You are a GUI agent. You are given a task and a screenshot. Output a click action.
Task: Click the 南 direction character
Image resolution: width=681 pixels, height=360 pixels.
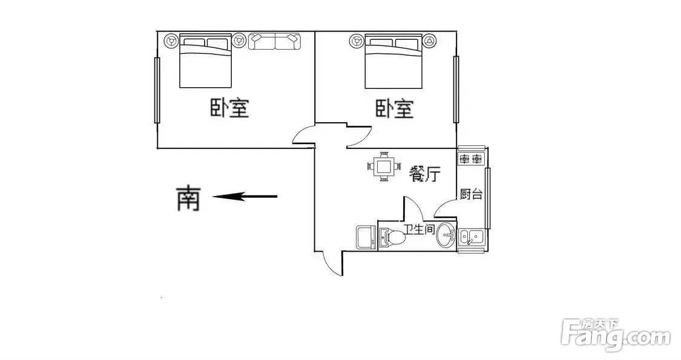(188, 198)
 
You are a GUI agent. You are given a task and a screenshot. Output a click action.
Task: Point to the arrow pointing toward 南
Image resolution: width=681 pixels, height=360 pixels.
(245, 197)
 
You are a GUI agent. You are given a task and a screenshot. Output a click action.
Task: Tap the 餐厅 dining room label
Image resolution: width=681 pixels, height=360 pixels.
(424, 174)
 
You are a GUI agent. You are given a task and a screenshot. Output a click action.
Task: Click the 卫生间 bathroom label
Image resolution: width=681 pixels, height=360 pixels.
(419, 229)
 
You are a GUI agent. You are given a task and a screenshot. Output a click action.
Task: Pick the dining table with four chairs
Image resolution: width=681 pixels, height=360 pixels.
(384, 166)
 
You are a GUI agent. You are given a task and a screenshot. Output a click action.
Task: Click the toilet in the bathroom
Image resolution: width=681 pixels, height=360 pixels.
(392, 237)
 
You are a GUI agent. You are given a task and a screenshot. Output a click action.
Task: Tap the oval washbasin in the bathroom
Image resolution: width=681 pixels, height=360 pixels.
(446, 235)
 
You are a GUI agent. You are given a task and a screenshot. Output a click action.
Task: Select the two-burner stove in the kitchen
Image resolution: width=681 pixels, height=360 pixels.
(471, 159)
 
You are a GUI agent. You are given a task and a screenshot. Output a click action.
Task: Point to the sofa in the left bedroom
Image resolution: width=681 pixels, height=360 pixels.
(275, 41)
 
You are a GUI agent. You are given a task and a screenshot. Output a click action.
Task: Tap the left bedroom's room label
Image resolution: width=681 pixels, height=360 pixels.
(230, 108)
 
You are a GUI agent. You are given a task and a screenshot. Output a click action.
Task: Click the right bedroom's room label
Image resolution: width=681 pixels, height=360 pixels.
(394, 108)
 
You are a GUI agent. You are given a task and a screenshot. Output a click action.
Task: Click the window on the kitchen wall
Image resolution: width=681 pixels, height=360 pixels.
(488, 198)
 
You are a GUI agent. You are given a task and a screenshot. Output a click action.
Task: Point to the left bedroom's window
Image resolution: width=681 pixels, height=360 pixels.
(157, 90)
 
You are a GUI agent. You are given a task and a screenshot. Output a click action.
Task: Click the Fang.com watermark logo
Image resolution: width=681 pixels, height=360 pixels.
(615, 335)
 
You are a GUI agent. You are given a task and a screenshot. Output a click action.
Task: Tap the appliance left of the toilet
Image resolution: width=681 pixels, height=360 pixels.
(366, 237)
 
